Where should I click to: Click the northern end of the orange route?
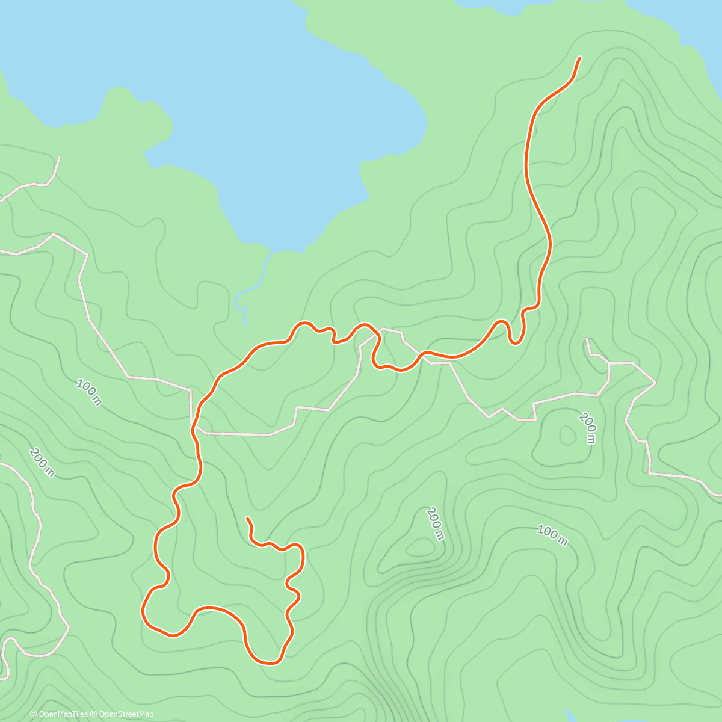[x=579, y=58]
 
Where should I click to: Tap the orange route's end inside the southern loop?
[x=247, y=518]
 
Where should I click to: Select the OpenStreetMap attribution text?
[x=126, y=714]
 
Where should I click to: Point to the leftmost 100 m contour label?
[x=89, y=392]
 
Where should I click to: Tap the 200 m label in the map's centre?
[x=435, y=523]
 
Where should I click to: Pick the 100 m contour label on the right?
[x=552, y=535]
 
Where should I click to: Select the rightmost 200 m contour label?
[x=588, y=427]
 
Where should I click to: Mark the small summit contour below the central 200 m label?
[x=419, y=547]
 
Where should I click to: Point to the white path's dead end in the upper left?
[x=60, y=158]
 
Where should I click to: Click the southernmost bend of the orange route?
[x=268, y=662]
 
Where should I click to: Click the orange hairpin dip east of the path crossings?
[x=514, y=342]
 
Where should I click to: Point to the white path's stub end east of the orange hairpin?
[x=587, y=339]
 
